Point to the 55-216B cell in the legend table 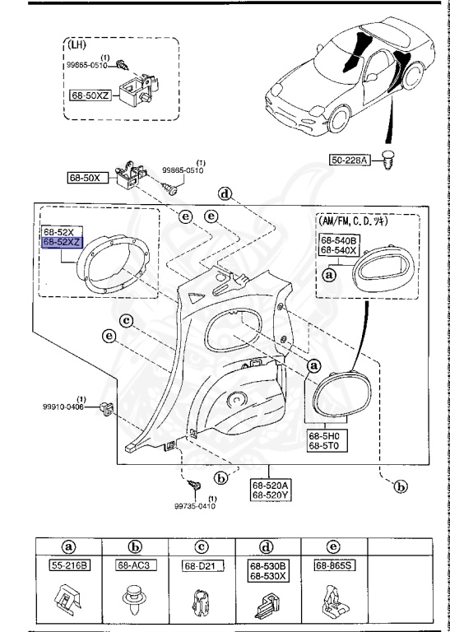coord(70,565)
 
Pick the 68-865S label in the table coord(332,565)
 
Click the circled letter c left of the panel coord(127,319)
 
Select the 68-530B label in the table coord(267,565)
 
